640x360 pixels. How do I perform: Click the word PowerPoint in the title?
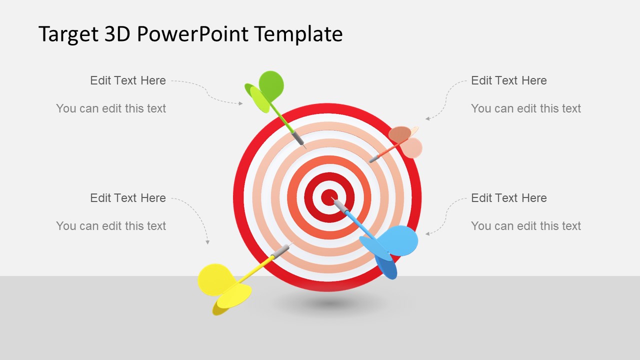click(x=192, y=34)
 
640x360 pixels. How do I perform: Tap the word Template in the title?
click(x=298, y=34)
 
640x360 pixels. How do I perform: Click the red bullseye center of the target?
click(x=328, y=197)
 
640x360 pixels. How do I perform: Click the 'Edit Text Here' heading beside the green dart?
click(x=128, y=80)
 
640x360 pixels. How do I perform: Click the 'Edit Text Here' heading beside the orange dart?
click(x=509, y=80)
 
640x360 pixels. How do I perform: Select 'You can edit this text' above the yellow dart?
click(x=111, y=226)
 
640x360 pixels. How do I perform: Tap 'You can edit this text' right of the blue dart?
click(x=526, y=226)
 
